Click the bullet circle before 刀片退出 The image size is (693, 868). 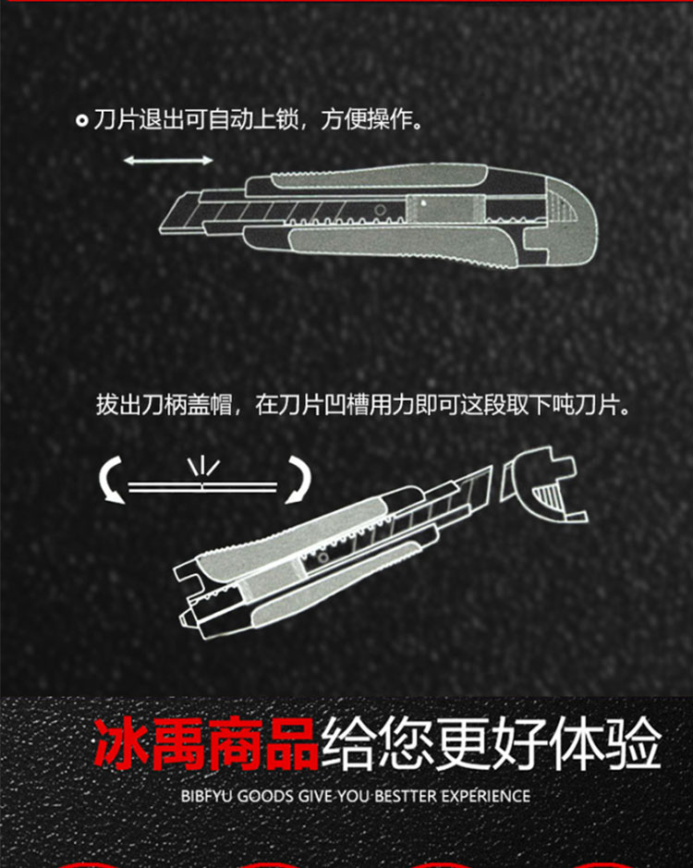click(x=82, y=121)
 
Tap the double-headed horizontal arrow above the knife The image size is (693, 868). click(x=168, y=161)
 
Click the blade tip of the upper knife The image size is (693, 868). click(x=163, y=230)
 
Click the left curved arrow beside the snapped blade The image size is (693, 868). click(x=111, y=481)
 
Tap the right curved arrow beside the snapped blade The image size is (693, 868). click(x=298, y=481)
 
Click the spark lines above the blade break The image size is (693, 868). click(x=203, y=467)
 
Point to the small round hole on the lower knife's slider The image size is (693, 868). click(x=322, y=558)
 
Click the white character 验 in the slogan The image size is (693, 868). click(x=635, y=743)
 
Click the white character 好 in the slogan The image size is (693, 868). click(x=520, y=743)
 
